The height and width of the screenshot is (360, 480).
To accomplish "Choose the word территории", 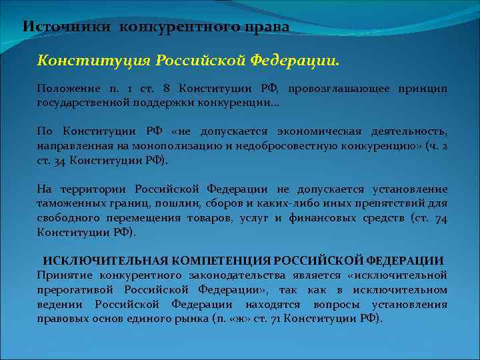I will click(x=95, y=189).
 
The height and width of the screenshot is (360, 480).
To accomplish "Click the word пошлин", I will click(x=177, y=202).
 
